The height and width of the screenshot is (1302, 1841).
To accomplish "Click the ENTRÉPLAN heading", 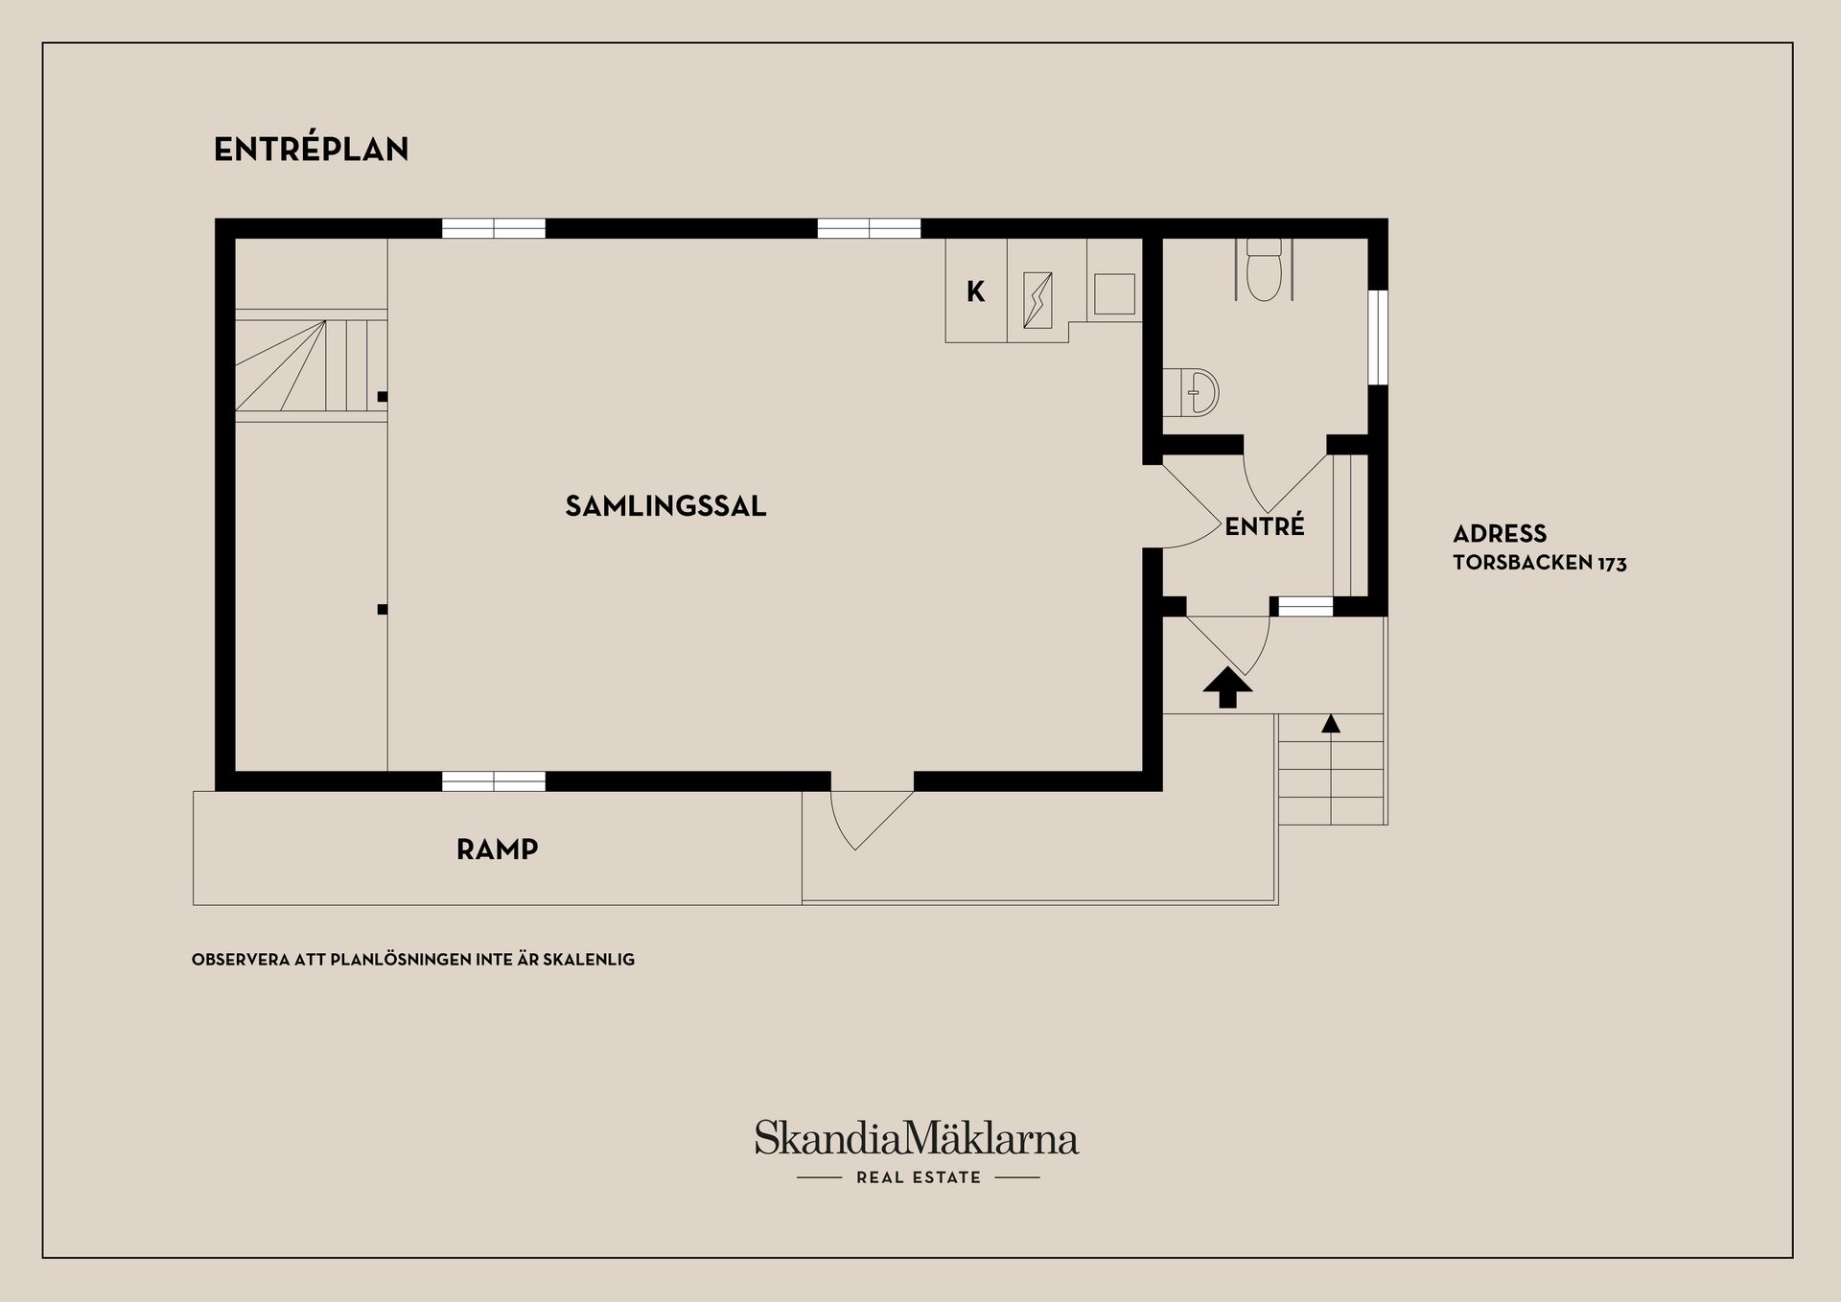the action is [x=312, y=149].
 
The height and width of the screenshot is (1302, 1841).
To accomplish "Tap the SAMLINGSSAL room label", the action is [x=665, y=506].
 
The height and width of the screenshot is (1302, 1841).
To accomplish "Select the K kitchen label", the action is [x=975, y=291].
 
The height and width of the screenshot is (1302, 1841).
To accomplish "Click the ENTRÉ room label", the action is [x=1265, y=525].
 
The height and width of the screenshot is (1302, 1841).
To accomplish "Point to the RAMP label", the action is [x=497, y=849].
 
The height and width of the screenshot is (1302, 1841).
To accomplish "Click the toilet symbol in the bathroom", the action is [x=1264, y=268].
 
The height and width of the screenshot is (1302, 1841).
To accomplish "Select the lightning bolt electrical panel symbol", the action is [x=1037, y=300].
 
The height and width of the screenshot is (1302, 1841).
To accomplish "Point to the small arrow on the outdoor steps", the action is [x=1331, y=724].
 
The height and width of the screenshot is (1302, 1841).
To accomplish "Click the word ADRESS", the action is [x=1500, y=534].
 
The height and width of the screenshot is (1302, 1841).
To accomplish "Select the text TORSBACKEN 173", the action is [x=1540, y=563].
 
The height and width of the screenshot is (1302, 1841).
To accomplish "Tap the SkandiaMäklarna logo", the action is [x=917, y=1138].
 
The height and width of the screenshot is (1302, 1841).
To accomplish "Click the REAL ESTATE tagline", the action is [x=919, y=1177].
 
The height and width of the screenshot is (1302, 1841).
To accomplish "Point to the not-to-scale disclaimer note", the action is [x=413, y=960].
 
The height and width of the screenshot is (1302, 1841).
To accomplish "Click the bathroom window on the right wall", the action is [x=1378, y=337].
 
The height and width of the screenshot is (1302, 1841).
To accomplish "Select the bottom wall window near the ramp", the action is [x=494, y=781].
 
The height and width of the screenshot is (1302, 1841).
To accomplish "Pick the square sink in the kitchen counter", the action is [x=1114, y=294].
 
